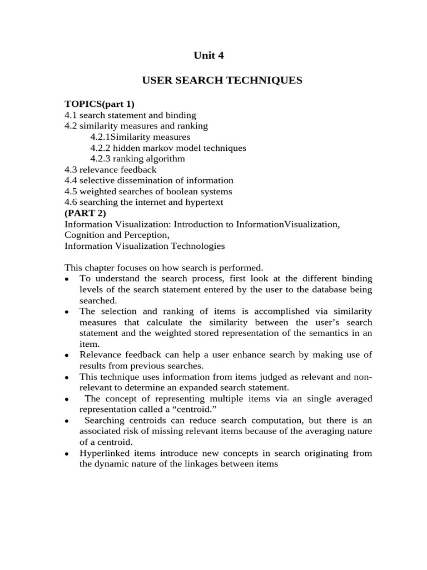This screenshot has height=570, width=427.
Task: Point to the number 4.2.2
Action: point(101,148)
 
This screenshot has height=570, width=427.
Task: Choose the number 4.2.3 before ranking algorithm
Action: point(101,159)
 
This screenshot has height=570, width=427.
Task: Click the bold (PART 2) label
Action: point(85,213)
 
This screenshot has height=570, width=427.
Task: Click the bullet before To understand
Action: point(67,279)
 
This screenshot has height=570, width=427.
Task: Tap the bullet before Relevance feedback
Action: point(67,355)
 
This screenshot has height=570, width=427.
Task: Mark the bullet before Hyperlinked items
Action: point(67,454)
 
